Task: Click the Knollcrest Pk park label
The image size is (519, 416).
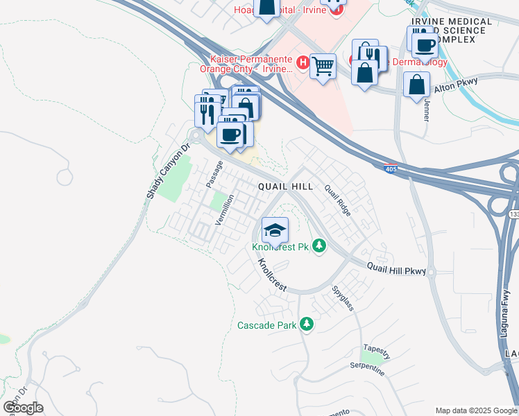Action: (280, 248)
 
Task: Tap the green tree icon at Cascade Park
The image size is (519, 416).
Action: (306, 324)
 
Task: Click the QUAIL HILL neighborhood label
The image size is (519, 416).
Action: (285, 187)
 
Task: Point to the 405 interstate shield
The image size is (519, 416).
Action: (391, 168)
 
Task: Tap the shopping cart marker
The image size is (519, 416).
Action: (323, 67)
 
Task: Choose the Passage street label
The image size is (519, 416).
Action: (214, 174)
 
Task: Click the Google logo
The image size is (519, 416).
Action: (23, 408)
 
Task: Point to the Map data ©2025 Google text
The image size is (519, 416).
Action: (476, 410)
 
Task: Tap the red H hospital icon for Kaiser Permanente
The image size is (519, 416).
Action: (303, 62)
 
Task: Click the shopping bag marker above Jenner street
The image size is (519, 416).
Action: (416, 85)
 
